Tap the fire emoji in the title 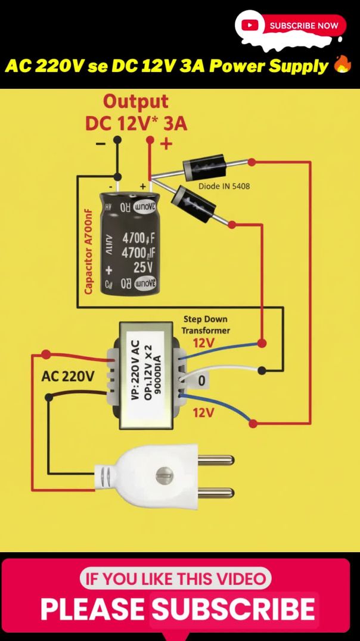point(342,66)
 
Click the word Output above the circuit point(135,101)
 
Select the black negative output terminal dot point(117,140)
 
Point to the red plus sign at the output point(166,144)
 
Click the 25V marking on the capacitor point(142,266)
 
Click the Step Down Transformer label point(206,325)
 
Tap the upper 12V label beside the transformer point(203,343)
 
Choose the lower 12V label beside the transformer point(203,412)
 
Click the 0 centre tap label point(201,381)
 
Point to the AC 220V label point(67,376)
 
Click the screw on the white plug point(164,475)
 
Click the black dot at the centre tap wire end point(262,371)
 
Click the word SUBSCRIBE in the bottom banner point(233,609)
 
